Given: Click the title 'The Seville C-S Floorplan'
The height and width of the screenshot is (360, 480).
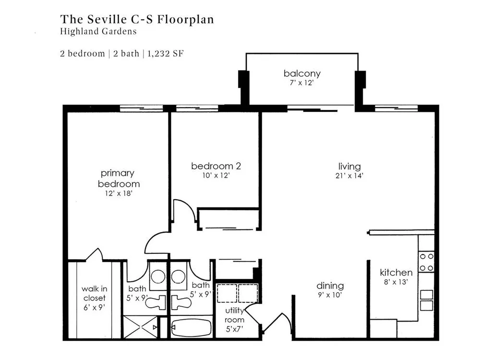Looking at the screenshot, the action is pyautogui.click(x=137, y=19).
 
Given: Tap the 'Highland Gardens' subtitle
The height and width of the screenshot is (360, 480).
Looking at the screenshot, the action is pyautogui.click(x=98, y=31).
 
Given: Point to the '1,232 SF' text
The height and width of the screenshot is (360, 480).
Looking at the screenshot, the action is pyautogui.click(x=165, y=54).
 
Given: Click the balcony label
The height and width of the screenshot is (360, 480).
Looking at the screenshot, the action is pyautogui.click(x=302, y=73).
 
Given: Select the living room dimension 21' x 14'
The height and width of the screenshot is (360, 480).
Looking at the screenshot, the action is pyautogui.click(x=349, y=176).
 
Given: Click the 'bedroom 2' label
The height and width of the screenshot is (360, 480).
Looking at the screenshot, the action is pyautogui.click(x=216, y=166).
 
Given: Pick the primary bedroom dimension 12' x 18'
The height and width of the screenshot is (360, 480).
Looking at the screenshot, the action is pyautogui.click(x=119, y=193).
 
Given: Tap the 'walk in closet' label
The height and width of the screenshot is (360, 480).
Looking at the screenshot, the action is pyautogui.click(x=94, y=293).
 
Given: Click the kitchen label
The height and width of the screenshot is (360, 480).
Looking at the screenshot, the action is pyautogui.click(x=396, y=272).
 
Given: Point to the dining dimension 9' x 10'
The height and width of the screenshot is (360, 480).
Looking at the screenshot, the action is pyautogui.click(x=330, y=295).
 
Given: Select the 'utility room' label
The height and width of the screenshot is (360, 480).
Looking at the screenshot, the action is pyautogui.click(x=235, y=315).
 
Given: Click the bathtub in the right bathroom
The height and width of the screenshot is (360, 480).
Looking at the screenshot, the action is pyautogui.click(x=192, y=327).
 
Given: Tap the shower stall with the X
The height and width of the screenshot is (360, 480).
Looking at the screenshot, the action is pyautogui.click(x=141, y=327).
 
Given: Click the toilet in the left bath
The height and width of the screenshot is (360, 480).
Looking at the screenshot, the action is pyautogui.click(x=156, y=302).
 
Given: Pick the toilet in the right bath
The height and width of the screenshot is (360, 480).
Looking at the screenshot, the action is pyautogui.click(x=181, y=302).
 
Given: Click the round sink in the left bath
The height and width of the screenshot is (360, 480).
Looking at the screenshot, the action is pyautogui.click(x=158, y=277).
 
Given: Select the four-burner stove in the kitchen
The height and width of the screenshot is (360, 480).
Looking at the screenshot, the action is pyautogui.click(x=426, y=262).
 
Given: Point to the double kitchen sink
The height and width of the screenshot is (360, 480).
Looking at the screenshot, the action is pyautogui.click(x=426, y=300).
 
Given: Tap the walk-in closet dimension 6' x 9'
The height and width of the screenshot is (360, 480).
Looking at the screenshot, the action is pyautogui.click(x=94, y=307).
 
